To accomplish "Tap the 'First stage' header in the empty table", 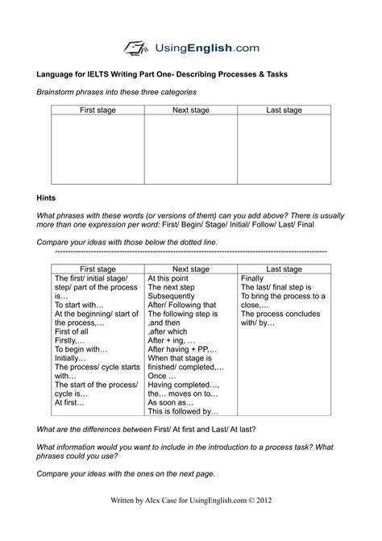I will coord(97,109).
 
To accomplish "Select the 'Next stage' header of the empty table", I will coord(191,109).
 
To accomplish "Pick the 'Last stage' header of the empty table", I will coord(284,109).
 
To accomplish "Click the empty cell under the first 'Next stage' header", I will coord(191,149).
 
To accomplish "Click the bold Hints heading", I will coord(48,196).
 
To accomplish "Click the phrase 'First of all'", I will coord(74,331).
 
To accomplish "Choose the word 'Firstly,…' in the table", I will coord(72,340).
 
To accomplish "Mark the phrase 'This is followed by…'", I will coord(184,410).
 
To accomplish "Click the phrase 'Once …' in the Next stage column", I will coord(163,375).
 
